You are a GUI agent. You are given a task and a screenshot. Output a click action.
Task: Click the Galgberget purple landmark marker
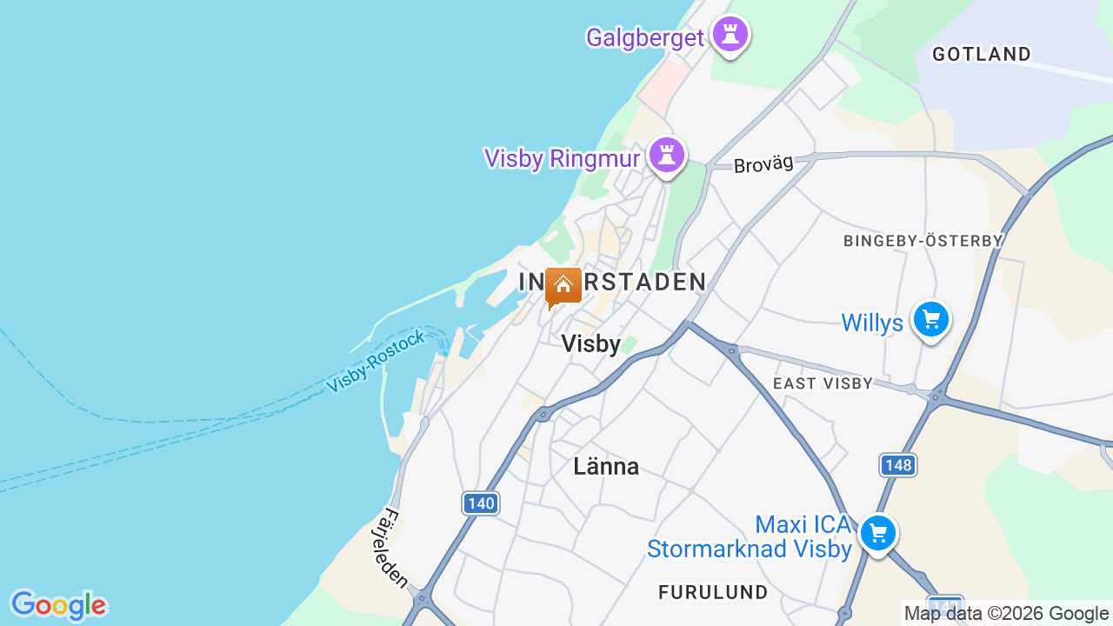click(x=730, y=36)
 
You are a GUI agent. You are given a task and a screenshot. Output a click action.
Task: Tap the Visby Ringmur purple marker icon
click(x=667, y=156)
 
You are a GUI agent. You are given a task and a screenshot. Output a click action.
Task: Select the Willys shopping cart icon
click(x=931, y=321)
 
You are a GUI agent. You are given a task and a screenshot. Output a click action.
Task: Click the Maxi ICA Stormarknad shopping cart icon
click(x=877, y=533)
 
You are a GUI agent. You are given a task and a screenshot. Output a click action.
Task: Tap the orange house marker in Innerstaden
click(x=563, y=286)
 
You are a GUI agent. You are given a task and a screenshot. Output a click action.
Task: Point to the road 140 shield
click(x=480, y=503)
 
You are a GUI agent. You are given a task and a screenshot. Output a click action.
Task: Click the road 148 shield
click(x=897, y=464)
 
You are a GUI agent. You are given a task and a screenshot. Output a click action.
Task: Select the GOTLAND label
click(x=981, y=54)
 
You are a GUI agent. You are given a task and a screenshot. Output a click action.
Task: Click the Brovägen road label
click(x=763, y=164)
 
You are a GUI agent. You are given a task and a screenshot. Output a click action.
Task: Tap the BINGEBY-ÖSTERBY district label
click(x=923, y=240)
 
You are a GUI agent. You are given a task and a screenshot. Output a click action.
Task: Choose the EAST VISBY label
click(x=823, y=383)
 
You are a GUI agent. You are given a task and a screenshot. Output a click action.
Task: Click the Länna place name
click(x=606, y=467)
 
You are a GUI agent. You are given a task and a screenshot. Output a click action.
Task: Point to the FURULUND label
click(x=713, y=592)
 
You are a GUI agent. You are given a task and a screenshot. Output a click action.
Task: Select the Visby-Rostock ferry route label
click(x=377, y=361)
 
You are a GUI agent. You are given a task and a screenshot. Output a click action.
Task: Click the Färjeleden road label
click(x=395, y=548)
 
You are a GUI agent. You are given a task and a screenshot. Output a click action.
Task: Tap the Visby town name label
click(x=590, y=344)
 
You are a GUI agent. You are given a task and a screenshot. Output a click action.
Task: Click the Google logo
click(x=58, y=605)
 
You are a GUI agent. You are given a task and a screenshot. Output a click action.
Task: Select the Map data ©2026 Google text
click(x=1006, y=613)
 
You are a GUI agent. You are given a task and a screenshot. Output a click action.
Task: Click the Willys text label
click(x=872, y=323)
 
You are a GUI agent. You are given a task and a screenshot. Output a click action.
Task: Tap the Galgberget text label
click(x=644, y=37)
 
